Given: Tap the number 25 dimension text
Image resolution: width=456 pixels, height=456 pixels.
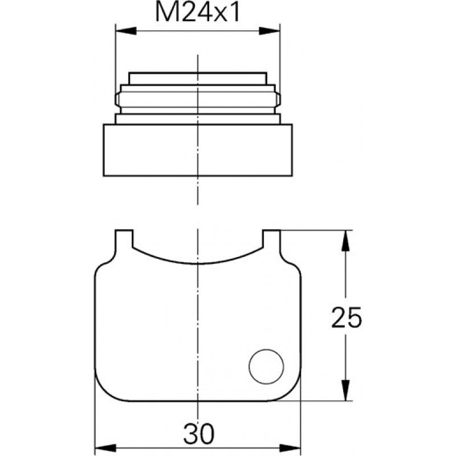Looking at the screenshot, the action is tap(347, 317).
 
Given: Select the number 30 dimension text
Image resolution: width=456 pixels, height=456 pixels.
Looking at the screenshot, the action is tap(198, 433).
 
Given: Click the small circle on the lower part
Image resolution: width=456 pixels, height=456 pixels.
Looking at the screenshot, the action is tap(266, 367).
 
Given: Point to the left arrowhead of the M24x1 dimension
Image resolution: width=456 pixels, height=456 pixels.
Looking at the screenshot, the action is tap(126, 31).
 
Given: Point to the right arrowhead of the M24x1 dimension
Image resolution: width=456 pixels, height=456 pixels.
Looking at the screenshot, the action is tap(269, 31).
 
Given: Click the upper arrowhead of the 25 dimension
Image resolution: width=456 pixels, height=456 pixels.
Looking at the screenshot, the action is tap(345, 241).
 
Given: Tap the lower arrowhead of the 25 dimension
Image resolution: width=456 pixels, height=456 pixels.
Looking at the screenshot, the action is tap(345, 390).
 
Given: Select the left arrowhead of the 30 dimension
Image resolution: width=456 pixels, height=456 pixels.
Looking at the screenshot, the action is tap(105, 448).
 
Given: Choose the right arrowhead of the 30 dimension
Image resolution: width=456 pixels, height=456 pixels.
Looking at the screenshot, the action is tap(290, 448).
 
